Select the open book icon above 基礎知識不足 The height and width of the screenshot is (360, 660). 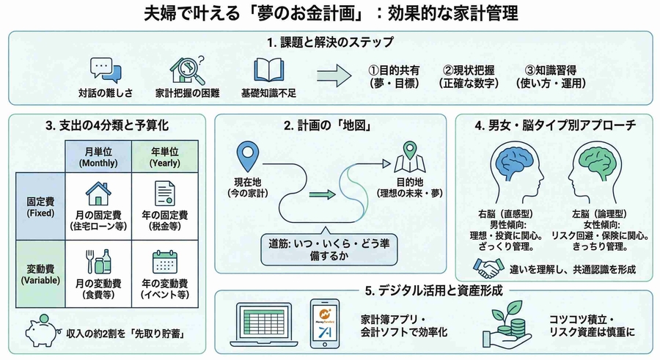click(268, 70)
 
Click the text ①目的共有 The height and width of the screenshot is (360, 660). click(393, 69)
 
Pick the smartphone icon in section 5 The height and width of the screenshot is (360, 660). click(324, 323)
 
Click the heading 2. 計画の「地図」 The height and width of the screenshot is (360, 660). click(329, 125)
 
